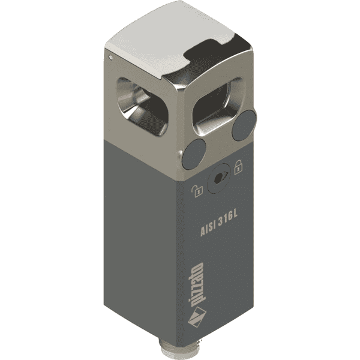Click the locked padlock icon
238,167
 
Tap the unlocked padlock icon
197,191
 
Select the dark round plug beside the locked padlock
244,125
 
